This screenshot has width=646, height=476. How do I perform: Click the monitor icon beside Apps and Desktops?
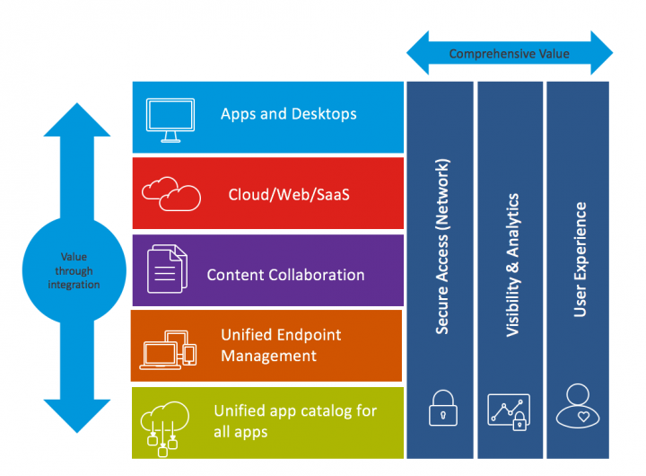point(170,119)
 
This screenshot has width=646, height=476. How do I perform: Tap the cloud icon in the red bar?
point(171,192)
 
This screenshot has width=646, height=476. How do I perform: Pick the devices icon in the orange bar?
point(169,348)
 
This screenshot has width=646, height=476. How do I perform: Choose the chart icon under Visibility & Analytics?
point(508,410)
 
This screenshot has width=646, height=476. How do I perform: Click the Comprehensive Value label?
point(509,54)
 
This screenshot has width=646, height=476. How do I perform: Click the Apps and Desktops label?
point(288,114)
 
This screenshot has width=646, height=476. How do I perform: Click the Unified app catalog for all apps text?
point(294,420)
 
